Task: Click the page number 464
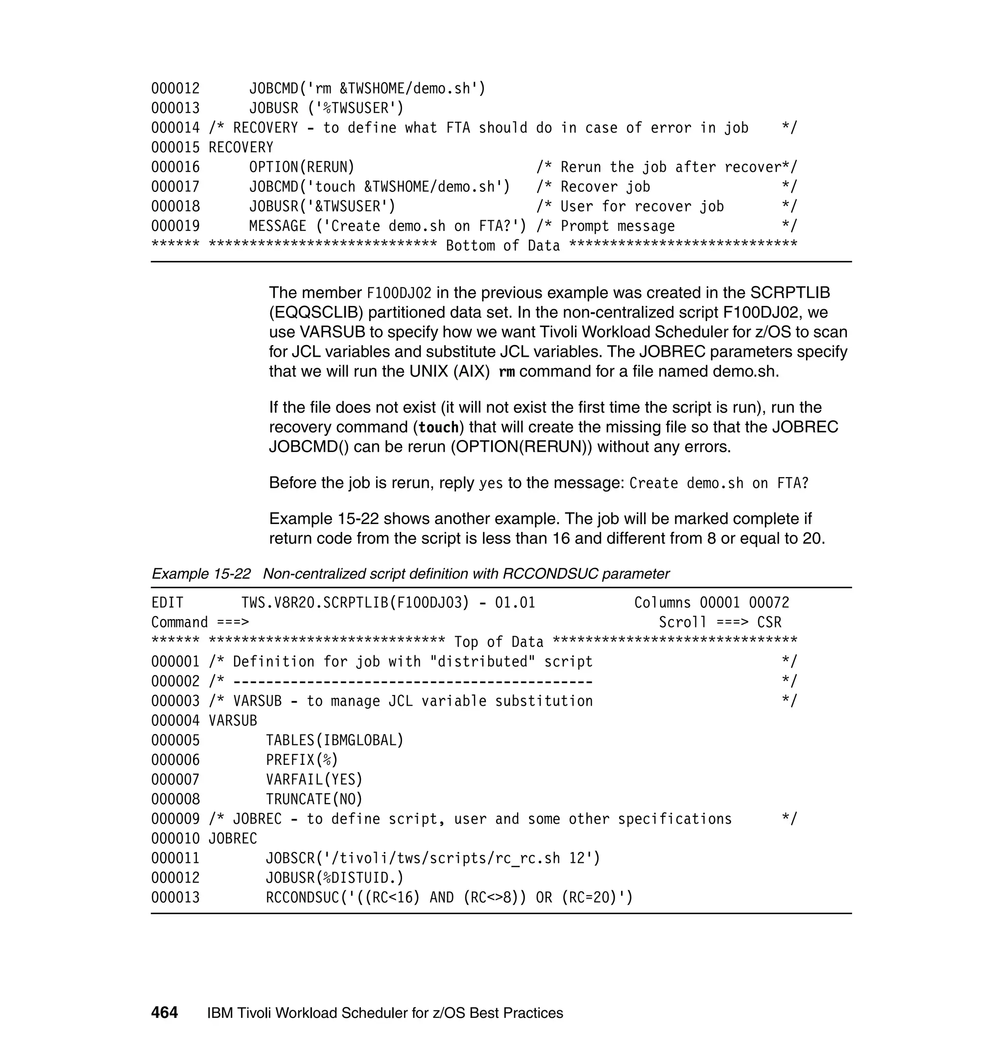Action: [164, 1013]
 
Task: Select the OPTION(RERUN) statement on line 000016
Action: [302, 167]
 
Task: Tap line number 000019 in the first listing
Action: [175, 226]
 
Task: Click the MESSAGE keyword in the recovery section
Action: [278, 226]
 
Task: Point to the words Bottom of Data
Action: [502, 246]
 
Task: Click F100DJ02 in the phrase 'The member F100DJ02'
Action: [399, 293]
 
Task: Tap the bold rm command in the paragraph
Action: [506, 372]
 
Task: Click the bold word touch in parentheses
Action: [438, 427]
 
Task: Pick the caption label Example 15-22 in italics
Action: [201, 574]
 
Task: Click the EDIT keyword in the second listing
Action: [167, 602]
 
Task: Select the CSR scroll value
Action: [769, 623]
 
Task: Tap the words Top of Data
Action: [498, 642]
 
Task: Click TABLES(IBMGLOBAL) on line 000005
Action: [334, 740]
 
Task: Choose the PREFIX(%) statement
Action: [302, 760]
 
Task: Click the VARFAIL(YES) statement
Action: [314, 780]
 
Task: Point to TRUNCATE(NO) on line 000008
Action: [314, 799]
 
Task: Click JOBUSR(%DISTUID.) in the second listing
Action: [334, 878]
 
